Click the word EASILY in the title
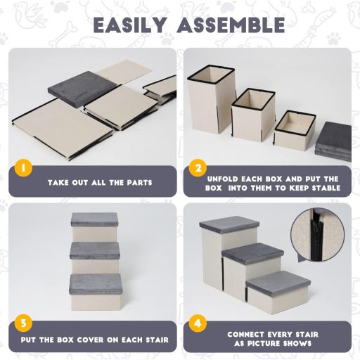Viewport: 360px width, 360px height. pos(130,25)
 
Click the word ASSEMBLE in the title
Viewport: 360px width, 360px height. pos(231,25)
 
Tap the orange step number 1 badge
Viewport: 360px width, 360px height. pos(23,168)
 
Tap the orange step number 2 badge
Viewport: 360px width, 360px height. pos(198,168)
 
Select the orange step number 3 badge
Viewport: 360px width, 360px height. pos(23,323)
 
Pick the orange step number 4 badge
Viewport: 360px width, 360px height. pos(198,323)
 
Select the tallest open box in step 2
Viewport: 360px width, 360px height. pos(212,99)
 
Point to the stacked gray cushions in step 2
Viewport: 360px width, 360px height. pos(333,141)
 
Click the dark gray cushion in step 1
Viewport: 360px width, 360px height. pos(83,89)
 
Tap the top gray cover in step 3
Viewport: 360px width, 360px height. pos(94,219)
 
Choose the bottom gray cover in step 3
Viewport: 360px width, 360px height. pos(96,284)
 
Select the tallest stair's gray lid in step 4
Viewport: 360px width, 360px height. pos(229,224)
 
